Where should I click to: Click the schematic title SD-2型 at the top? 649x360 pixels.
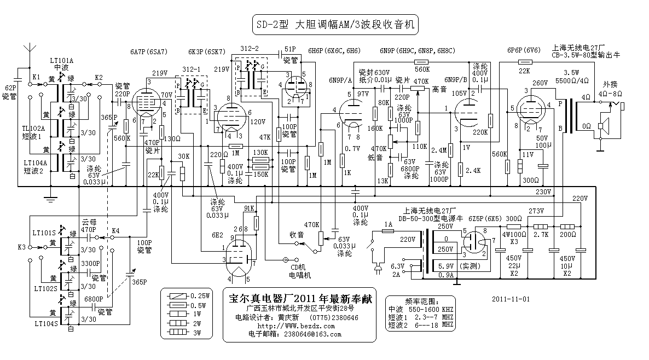(273, 25)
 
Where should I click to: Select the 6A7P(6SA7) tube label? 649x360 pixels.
(148, 52)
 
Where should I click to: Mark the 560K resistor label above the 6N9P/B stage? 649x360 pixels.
(422, 69)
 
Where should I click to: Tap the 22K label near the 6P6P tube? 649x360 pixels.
(524, 71)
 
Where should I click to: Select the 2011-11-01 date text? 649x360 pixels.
(511, 299)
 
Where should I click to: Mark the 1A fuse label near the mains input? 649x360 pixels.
(388, 224)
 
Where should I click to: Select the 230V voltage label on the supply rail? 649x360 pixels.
(544, 191)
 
